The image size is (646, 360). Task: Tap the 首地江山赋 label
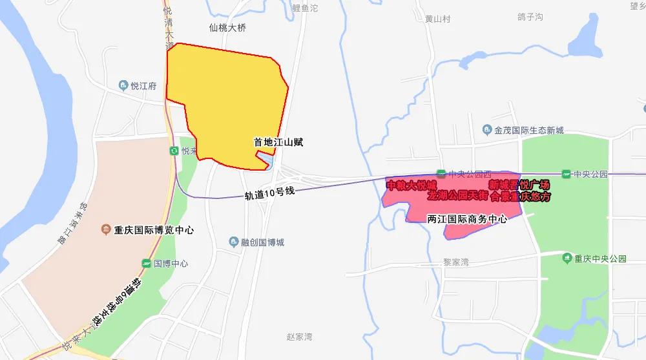278,142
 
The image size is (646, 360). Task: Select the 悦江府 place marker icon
123,85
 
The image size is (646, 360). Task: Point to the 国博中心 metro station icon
147,264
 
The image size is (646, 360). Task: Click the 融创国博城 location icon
234,242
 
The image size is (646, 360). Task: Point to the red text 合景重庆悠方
520,196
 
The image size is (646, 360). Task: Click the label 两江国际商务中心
467,219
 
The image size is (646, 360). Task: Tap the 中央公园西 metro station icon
441,173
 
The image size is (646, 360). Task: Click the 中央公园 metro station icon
566,174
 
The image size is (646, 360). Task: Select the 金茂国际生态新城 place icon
488,131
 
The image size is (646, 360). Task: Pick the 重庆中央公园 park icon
567,259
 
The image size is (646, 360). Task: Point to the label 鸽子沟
530,17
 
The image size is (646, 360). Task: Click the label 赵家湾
299,337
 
